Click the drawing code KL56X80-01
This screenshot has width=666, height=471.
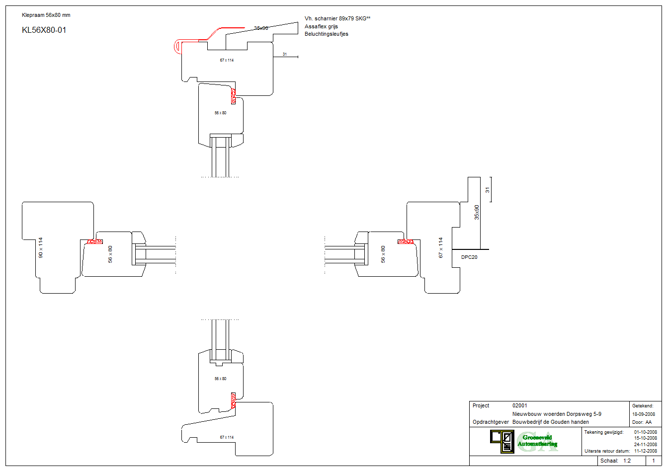tap(44, 30)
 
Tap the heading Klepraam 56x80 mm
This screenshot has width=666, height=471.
tap(46, 15)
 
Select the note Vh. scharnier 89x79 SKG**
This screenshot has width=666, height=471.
tap(337, 18)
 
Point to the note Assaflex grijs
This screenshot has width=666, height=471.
tap(321, 26)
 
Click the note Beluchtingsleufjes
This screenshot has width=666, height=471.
tap(326, 34)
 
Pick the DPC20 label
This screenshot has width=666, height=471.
tap(469, 257)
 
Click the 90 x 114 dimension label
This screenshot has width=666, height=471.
tap(41, 247)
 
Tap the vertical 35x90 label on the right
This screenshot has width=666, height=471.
tap(477, 212)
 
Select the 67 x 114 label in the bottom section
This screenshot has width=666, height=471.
tap(227, 437)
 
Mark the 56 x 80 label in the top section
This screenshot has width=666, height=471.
tap(220, 113)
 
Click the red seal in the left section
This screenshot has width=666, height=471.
tap(95, 241)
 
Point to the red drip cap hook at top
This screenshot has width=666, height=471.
tap(178, 47)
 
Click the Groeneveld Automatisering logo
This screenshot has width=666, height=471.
tap(524, 441)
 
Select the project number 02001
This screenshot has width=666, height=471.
tap(520, 405)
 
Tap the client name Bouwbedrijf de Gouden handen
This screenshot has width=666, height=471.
tap(550, 422)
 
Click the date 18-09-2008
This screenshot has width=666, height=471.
tap(643, 414)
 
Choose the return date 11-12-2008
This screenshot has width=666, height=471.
tap(645, 451)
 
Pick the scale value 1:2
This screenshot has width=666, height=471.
tap(627, 461)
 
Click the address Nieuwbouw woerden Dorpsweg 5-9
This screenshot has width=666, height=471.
tap(557, 414)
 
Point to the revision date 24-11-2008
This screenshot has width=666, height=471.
tap(645, 445)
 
